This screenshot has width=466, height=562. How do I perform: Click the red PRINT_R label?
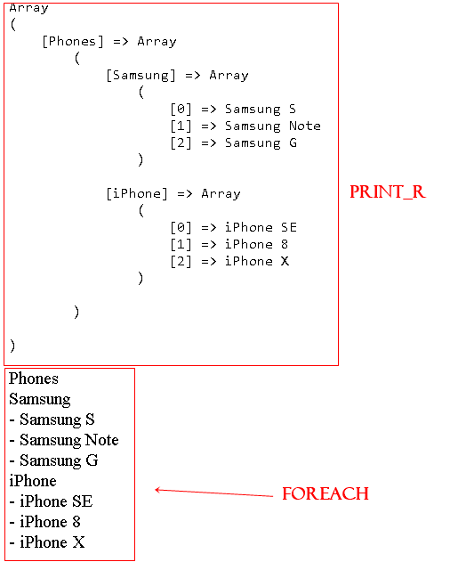pos(388,191)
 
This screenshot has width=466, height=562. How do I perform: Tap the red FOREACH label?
pos(325,493)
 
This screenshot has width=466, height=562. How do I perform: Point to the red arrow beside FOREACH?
pos(213,493)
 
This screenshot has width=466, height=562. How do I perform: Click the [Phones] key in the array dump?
pos(73,41)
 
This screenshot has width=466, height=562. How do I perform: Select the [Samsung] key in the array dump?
pos(141,76)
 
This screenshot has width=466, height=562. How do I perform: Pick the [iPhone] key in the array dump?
pos(137,193)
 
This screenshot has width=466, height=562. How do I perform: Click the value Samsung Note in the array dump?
pos(273,126)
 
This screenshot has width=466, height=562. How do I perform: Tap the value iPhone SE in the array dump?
pos(261,227)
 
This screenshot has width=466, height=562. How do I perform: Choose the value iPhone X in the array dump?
pos(257,261)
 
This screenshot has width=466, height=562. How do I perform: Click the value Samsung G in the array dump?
pos(261,143)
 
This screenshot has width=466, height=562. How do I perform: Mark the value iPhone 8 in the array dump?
pos(256,244)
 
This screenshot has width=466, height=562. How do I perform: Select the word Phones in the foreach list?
pos(34,379)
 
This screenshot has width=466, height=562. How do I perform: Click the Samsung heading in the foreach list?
pos(40,399)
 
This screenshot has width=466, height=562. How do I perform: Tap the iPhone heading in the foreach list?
pos(33,481)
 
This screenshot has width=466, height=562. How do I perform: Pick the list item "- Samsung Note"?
pos(64,440)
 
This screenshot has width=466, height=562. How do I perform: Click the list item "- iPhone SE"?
pos(51,501)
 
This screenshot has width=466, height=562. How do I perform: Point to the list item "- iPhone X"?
pos(47,542)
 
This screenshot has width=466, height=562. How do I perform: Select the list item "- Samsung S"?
pos(52,419)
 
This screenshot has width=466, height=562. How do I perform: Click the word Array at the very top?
pos(28,8)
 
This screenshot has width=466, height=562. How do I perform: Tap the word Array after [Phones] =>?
pos(157,42)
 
